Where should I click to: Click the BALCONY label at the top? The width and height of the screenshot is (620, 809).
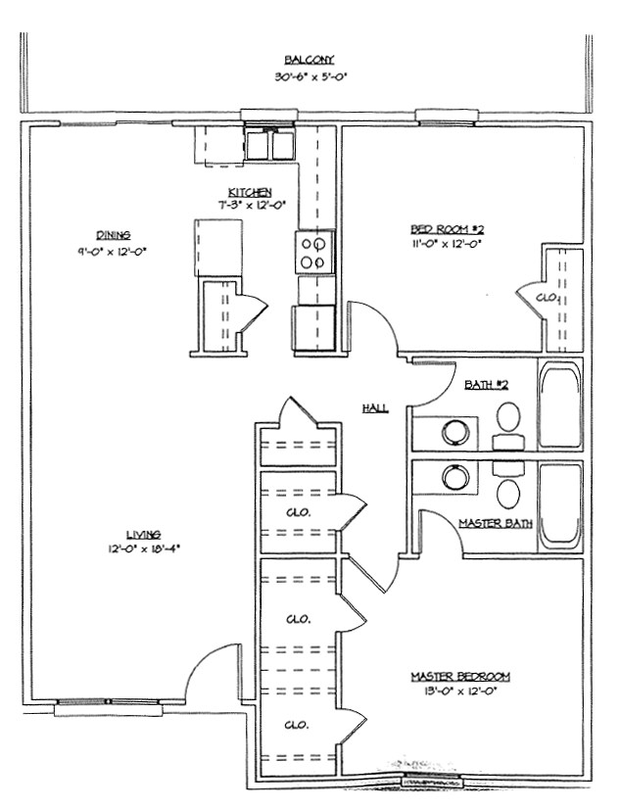(x=302, y=60)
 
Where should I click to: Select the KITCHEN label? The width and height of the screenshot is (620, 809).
(x=250, y=192)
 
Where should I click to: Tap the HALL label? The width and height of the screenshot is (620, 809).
(x=374, y=406)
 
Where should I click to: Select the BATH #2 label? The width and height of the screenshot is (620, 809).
(x=486, y=386)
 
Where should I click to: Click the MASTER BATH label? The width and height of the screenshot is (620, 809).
(x=496, y=523)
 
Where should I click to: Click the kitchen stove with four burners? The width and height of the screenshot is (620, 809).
(x=315, y=252)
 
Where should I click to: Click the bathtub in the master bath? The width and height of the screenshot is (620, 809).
(x=559, y=504)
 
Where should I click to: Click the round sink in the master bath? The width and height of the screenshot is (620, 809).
(x=454, y=477)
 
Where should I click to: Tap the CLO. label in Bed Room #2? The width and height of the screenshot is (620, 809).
(x=547, y=297)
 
